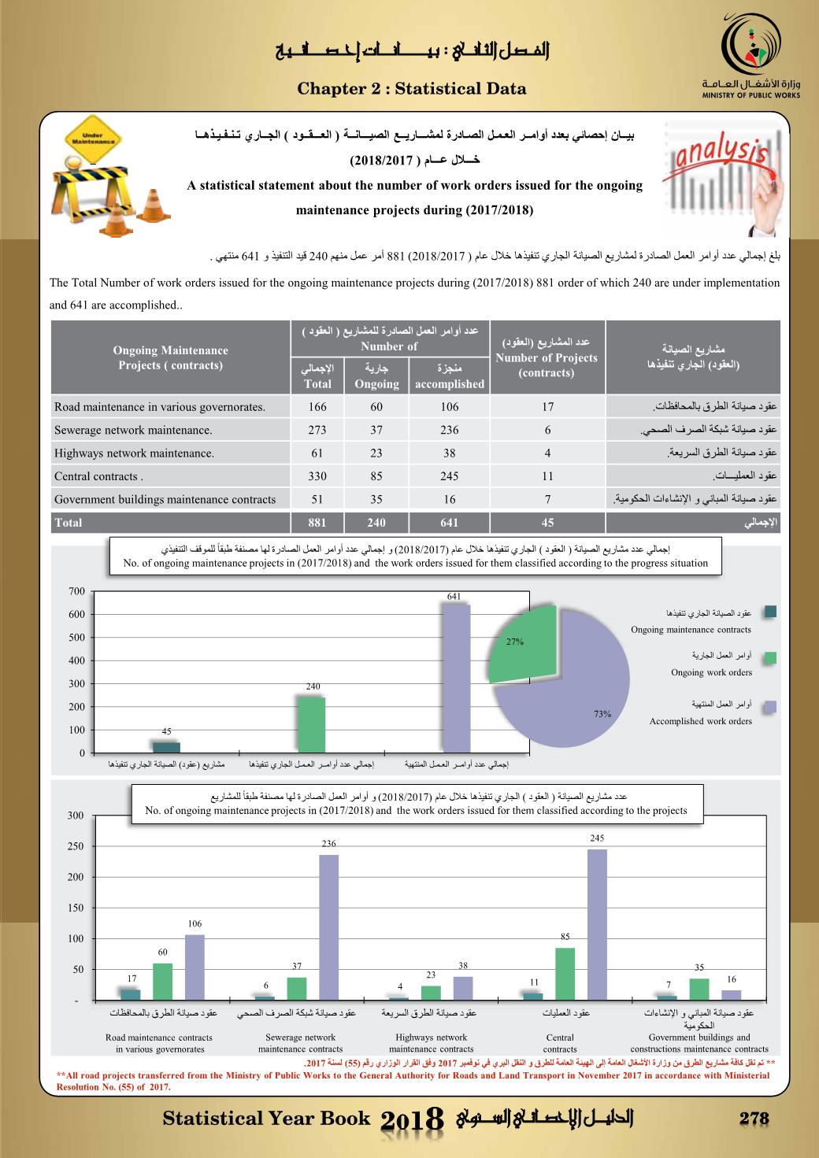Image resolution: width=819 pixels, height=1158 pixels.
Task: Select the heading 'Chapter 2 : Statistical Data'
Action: [x=412, y=89]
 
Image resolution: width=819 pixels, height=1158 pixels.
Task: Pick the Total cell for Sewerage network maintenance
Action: [x=317, y=430]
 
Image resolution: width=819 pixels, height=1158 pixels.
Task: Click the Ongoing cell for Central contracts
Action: [x=376, y=475]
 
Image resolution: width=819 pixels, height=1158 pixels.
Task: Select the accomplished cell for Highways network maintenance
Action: [x=449, y=453]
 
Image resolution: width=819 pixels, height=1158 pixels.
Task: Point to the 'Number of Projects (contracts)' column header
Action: [x=547, y=357]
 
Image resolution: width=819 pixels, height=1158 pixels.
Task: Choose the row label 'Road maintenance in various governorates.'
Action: [x=160, y=407]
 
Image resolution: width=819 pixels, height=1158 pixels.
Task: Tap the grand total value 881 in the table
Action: [x=317, y=522]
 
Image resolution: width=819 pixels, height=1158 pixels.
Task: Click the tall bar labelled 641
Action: [x=456, y=678]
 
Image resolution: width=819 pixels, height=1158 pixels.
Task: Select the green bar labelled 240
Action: [x=311, y=724]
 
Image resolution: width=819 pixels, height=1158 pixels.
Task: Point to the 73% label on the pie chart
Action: [x=602, y=714]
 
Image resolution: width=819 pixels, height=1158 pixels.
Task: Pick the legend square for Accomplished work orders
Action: [x=770, y=707]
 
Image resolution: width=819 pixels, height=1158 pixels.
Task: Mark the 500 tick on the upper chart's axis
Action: [x=76, y=638]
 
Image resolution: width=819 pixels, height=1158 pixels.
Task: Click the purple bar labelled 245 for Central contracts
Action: [x=597, y=924]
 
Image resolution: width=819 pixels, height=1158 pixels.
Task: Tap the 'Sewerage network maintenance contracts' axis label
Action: [x=300, y=1043]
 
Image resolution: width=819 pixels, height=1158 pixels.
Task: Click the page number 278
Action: [x=754, y=1119]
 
